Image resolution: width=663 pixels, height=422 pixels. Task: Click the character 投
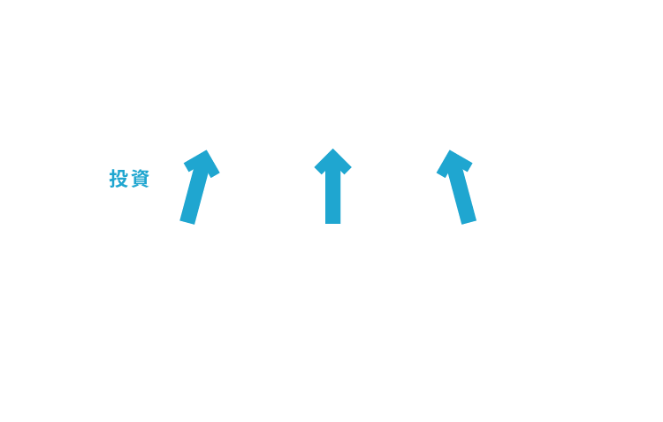pyautogui.click(x=118, y=178)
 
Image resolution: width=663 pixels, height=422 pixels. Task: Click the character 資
pyautogui.click(x=140, y=178)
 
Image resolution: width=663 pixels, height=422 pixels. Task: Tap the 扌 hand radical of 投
pyautogui.click(x=113, y=178)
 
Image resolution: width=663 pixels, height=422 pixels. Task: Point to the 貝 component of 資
pyautogui.click(x=140, y=182)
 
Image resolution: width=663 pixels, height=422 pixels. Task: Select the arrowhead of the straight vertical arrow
pyautogui.click(x=332, y=161)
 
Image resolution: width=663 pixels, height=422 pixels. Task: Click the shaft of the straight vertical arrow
pyautogui.click(x=332, y=197)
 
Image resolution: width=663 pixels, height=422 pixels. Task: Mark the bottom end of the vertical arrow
pyautogui.click(x=332, y=224)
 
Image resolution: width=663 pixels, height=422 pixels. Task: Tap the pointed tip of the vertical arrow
pyautogui.click(x=332, y=149)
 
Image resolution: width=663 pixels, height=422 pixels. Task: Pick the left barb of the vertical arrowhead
pyautogui.click(x=319, y=170)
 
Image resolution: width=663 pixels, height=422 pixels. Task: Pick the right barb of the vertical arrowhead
pyautogui.click(x=347, y=170)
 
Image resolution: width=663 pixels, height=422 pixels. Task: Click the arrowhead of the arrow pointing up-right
pyautogui.click(x=202, y=163)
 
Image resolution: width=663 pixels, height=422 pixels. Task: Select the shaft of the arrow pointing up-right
pyautogui.click(x=194, y=196)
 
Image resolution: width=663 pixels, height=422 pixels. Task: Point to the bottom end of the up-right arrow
pyautogui.click(x=187, y=222)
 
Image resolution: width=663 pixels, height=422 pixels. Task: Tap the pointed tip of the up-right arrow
pyautogui.click(x=206, y=150)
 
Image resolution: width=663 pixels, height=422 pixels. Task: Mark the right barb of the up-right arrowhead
pyautogui.click(x=215, y=174)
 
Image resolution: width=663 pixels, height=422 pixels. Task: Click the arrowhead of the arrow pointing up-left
pyautogui.click(x=454, y=163)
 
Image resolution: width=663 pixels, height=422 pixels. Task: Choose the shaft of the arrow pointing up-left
pyautogui.click(x=462, y=196)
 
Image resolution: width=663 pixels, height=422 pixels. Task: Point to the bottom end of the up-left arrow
pyautogui.click(x=469, y=222)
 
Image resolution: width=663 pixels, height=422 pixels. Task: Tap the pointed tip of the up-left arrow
pyautogui.click(x=450, y=150)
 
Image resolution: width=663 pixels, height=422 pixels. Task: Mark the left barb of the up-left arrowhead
pyautogui.click(x=441, y=174)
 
